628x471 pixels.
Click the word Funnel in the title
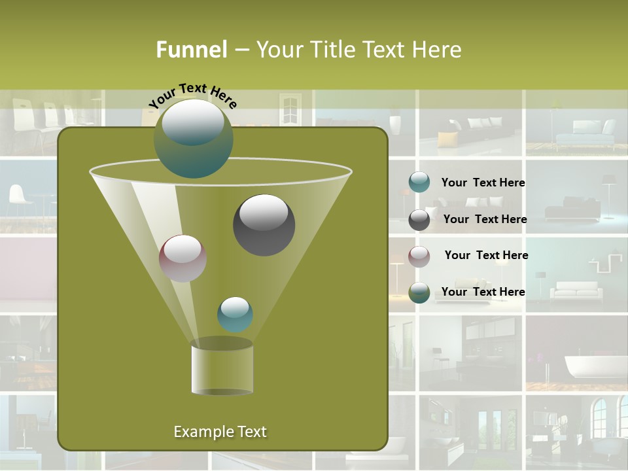(191, 50)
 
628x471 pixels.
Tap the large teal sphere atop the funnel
(193, 139)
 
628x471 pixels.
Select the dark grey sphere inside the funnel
(264, 224)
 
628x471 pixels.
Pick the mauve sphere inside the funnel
(183, 258)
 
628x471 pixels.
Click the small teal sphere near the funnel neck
(235, 314)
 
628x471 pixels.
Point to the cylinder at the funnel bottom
(222, 366)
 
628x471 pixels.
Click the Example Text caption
(220, 432)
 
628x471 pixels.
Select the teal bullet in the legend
(419, 183)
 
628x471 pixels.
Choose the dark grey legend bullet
(419, 220)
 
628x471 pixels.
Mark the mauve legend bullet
(419, 256)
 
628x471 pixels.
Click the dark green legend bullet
(419, 292)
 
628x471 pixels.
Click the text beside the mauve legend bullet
(486, 255)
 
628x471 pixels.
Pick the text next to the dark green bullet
(483, 292)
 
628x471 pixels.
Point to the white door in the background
(288, 107)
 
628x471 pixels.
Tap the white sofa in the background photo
(574, 290)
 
